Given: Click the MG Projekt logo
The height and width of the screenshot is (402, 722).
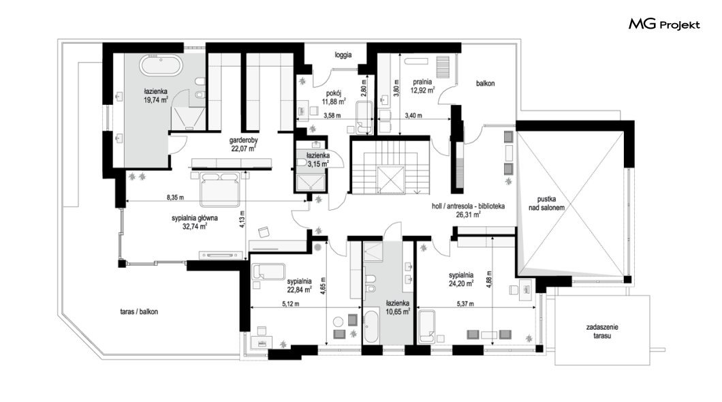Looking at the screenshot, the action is [664, 25].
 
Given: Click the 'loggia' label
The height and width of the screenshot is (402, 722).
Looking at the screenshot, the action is [343, 55].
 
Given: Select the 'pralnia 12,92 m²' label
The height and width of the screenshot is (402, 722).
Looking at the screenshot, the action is [422, 86].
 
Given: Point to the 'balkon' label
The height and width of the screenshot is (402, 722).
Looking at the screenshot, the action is [486, 83].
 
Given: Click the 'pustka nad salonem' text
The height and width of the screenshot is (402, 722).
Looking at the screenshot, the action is [546, 204].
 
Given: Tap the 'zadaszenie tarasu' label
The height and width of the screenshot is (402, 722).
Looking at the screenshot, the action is [602, 332].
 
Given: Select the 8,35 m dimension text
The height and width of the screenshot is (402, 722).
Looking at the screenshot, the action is [175, 198].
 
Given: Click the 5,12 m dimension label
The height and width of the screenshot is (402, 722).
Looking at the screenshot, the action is [291, 304].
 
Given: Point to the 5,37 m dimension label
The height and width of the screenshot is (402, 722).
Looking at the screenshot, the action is [465, 304].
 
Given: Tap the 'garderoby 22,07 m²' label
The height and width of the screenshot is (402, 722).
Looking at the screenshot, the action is [244, 144].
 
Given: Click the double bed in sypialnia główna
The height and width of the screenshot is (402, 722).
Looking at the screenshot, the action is [220, 189].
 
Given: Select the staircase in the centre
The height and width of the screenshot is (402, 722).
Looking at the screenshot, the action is [390, 167].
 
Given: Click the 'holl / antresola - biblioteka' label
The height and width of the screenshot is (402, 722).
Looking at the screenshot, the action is [469, 210].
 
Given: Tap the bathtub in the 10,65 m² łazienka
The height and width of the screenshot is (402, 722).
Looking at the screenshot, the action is [371, 327].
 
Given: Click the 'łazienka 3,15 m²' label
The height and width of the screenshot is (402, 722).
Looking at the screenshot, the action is [318, 160].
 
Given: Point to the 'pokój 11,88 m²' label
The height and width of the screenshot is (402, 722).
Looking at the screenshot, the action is [334, 97].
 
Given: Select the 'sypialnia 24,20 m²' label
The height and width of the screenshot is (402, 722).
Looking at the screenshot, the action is [461, 279].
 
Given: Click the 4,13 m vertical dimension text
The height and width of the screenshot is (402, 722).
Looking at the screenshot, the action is [242, 219].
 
